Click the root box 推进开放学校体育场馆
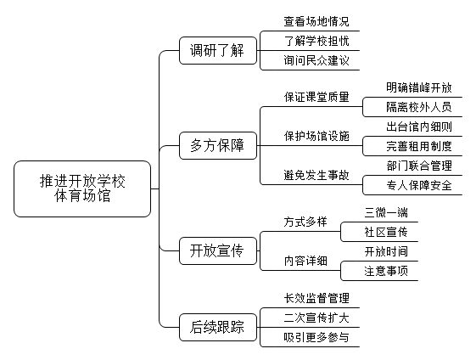tap(82, 188)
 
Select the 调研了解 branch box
tap(218, 50)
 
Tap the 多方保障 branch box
tap(218, 145)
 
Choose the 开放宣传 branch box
tap(218, 251)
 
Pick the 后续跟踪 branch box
tap(218, 327)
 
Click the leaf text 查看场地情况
tap(316, 21)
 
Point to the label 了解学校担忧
tap(316, 41)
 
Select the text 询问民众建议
tap(316, 60)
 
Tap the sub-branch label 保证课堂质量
tap(316, 97)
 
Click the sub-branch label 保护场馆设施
tap(316, 136)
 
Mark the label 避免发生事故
tap(316, 175)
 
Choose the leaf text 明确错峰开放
tap(419, 87)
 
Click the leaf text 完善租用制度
tap(419, 146)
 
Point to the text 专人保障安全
tap(419, 185)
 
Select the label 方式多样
tap(305, 222)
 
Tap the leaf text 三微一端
tap(386, 212)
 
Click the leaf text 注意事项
tap(386, 271)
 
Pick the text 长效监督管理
tap(316, 298)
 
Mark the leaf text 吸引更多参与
tap(316, 337)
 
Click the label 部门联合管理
tap(419, 166)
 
